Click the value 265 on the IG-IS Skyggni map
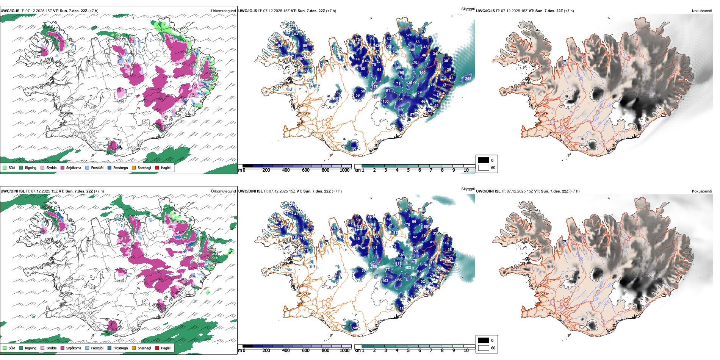[468, 79]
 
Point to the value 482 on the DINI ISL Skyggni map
[408, 268]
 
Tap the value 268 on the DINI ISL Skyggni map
[374, 267]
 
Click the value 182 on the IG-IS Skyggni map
[287, 33]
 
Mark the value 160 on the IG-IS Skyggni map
[422, 73]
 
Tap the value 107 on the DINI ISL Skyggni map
[338, 273]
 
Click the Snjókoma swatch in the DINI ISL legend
[62, 348]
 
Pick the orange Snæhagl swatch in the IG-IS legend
[134, 167]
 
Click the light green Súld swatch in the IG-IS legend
[5, 167]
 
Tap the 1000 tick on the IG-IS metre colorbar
[344, 170]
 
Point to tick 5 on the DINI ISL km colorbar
[409, 351]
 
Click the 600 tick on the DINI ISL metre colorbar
[306, 351]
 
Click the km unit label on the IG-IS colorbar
[357, 170]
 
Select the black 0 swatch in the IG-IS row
[484, 160]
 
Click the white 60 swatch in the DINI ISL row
[484, 348]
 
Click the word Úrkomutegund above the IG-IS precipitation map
[223, 11]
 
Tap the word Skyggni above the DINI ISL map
[468, 189]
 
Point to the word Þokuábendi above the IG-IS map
[702, 11]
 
